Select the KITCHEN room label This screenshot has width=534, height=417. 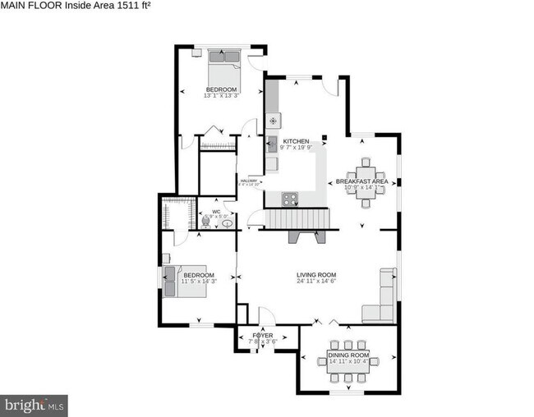pyautogui.click(x=296, y=141)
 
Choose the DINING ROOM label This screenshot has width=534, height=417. pyautogui.click(x=349, y=355)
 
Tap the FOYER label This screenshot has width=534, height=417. pyautogui.click(x=262, y=336)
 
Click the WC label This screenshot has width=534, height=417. pyautogui.click(x=217, y=212)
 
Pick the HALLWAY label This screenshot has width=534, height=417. pyautogui.click(x=248, y=181)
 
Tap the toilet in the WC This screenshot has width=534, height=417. pyautogui.click(x=205, y=221)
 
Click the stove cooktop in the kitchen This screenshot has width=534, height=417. pyautogui.click(x=290, y=197)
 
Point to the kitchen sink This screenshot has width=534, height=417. pyautogui.click(x=272, y=144)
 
